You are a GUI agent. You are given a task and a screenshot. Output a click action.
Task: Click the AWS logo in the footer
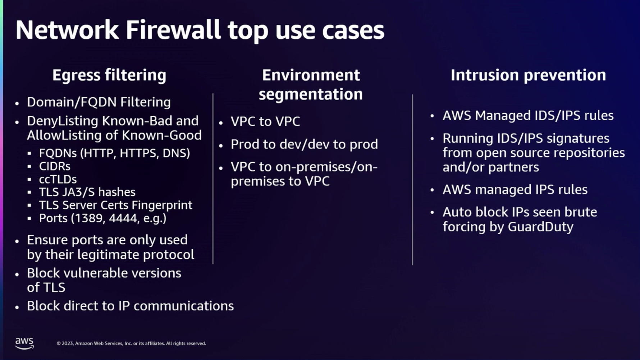tap(24, 343)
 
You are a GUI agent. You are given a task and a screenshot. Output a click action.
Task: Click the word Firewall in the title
tap(173, 30)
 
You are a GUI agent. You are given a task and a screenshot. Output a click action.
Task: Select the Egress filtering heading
tap(109, 75)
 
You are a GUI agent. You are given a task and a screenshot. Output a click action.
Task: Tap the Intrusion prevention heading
tap(528, 75)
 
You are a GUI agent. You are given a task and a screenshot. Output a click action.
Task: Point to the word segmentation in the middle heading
tap(311, 94)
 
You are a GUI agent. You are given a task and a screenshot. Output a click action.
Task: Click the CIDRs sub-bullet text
tap(55, 166)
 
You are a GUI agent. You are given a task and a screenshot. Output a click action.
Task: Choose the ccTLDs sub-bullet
tap(58, 179)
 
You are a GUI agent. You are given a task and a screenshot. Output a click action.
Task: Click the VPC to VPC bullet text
tap(265, 121)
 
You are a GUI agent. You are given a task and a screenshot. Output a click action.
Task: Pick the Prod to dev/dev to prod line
tap(304, 144)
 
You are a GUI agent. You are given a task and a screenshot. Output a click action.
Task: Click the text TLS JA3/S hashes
tap(87, 192)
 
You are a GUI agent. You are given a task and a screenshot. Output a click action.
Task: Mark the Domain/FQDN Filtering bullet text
tap(99, 102)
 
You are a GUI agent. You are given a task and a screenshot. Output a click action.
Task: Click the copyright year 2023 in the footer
tap(68, 343)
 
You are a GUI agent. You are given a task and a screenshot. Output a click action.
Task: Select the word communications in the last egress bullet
tap(183, 306)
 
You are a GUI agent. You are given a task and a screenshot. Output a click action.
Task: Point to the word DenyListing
tap(63, 121)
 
